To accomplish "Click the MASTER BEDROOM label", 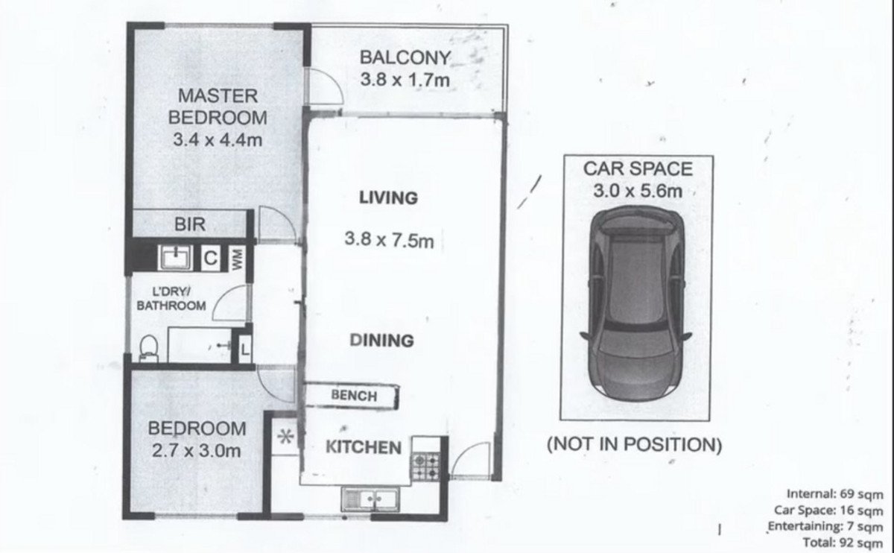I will point(218,107).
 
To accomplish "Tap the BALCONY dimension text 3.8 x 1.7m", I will point(405,80).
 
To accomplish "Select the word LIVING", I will point(387,198).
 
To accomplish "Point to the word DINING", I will point(381,341).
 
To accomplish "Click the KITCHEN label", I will point(364,448).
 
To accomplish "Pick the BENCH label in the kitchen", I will point(354,396).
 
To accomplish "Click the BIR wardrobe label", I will point(189,224).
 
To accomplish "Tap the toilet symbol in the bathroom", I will point(148,348).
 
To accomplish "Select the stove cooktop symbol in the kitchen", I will point(426,466).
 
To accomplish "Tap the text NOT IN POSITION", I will point(634,446).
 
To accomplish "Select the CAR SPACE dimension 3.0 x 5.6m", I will point(637,191).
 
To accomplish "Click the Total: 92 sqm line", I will point(843,542).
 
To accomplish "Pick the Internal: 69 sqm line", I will point(834,494).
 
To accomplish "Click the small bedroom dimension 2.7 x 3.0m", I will point(197,450).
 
